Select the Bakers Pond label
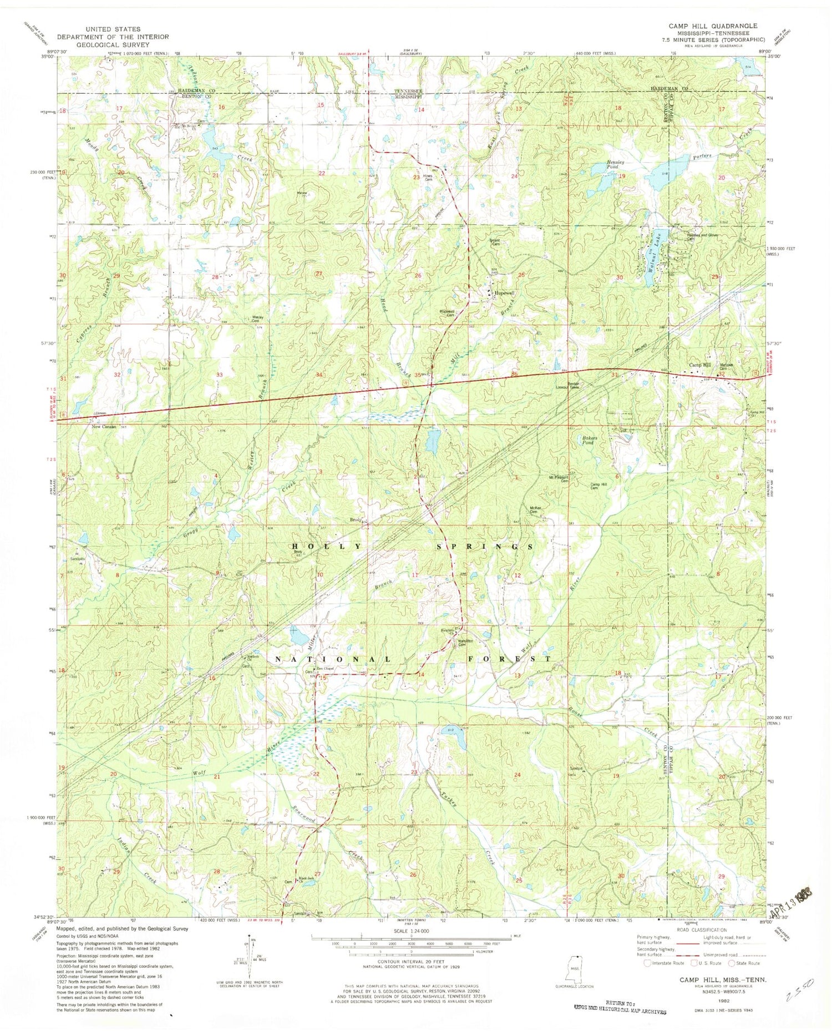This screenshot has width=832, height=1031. [x=589, y=441]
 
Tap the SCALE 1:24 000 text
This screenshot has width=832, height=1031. [x=410, y=931]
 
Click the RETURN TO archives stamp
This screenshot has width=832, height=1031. [x=620, y=1008]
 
